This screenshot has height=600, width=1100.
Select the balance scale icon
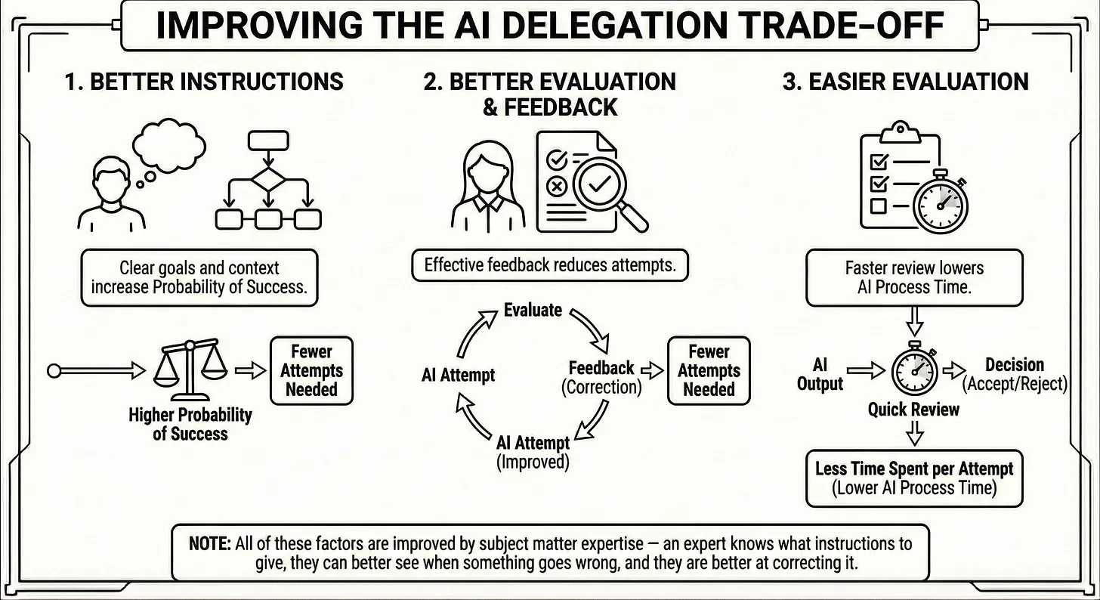190,371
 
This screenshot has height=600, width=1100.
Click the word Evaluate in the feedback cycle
533,310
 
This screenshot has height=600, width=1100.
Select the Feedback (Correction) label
601,378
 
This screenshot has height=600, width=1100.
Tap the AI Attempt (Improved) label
533,452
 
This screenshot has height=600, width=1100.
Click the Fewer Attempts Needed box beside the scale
312,371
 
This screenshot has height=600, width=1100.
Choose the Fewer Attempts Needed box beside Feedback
709,371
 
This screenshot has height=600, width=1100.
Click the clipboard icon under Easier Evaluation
898,174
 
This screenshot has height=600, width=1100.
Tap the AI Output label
820,373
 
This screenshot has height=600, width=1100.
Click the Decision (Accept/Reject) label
1014,374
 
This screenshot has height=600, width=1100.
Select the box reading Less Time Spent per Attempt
914,478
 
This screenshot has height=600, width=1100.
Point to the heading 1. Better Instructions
204,82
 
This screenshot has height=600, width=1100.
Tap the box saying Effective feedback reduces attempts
549,265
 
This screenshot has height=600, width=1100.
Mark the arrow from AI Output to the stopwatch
866,370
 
